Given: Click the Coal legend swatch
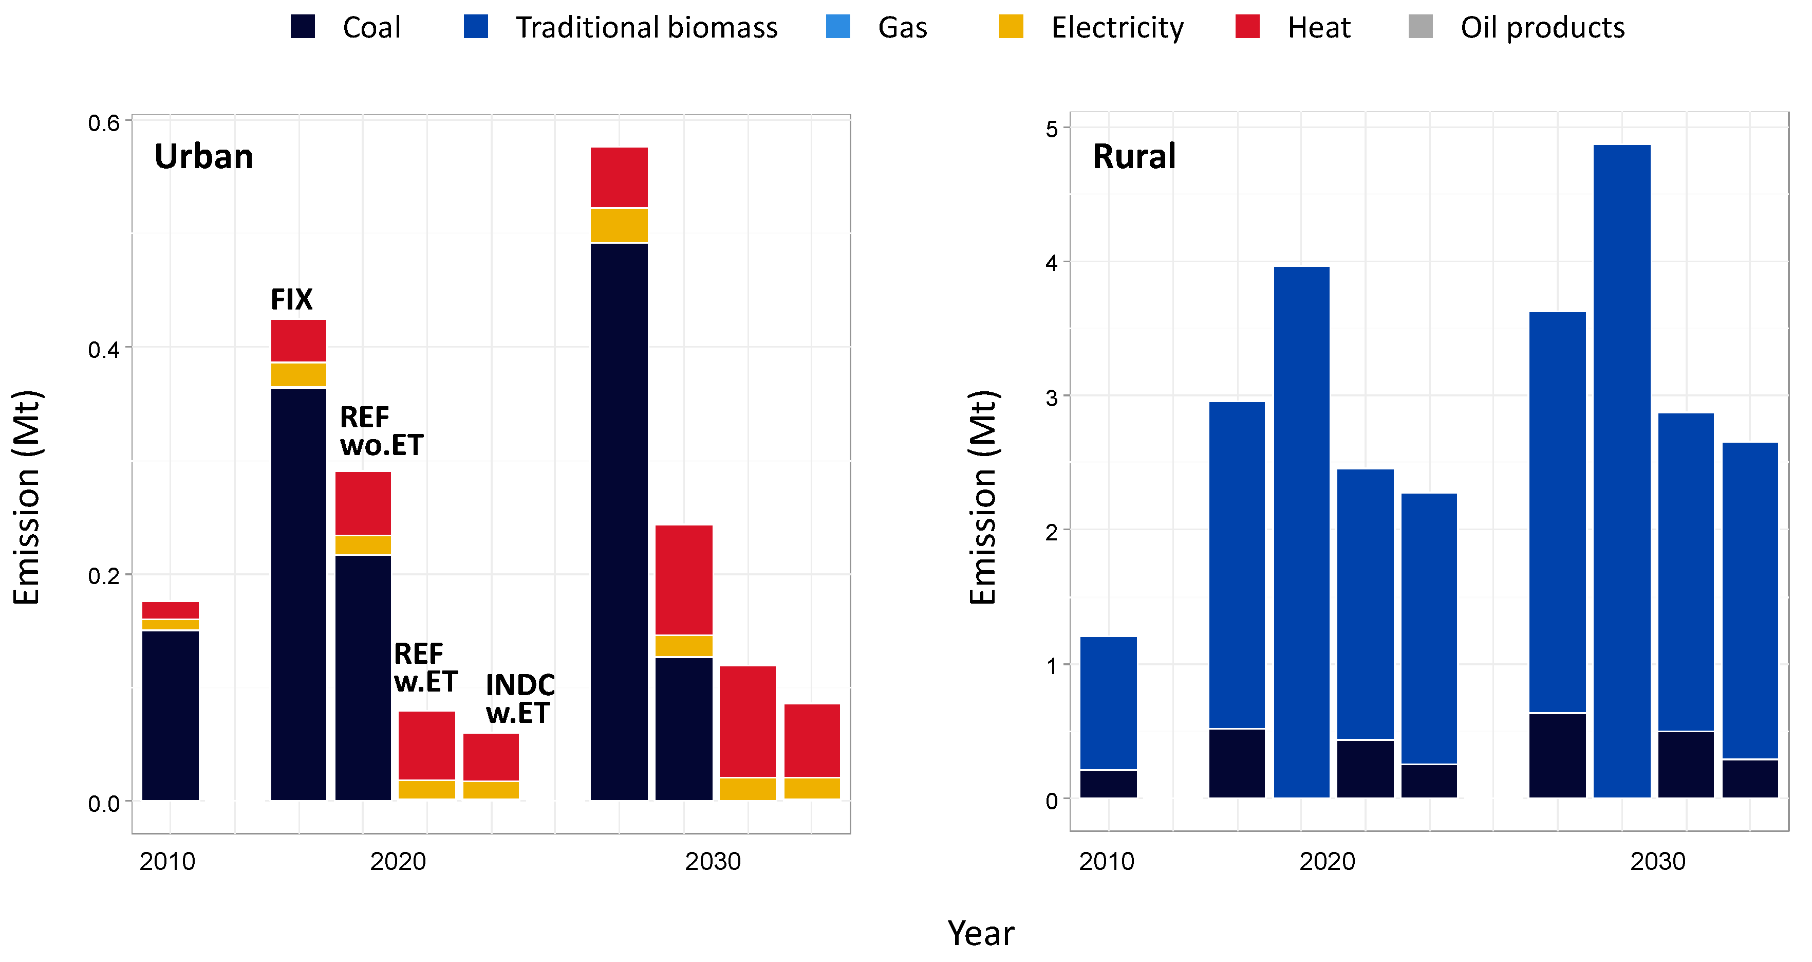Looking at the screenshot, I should [303, 27].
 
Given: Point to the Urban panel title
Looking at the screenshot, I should [203, 156].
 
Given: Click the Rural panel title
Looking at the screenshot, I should [1133, 156].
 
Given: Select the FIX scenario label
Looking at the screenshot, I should [291, 300].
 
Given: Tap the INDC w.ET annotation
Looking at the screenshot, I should [520, 699].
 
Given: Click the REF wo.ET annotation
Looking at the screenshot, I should [381, 431].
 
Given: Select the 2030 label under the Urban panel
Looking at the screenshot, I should [713, 861].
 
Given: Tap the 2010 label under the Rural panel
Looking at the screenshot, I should [1107, 861].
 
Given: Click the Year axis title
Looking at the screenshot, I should [981, 934].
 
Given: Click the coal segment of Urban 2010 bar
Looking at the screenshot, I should [170, 714].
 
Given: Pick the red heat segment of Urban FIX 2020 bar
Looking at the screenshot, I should [298, 340].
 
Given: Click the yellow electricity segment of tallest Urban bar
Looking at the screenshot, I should [619, 225].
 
